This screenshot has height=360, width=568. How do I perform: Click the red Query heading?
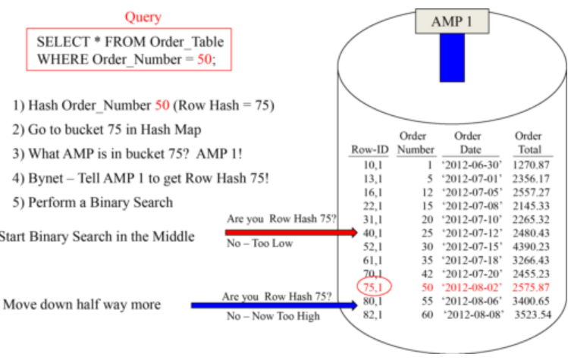point(143,16)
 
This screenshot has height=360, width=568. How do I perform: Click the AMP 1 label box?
point(451,21)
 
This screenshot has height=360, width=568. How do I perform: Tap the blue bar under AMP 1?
point(452,58)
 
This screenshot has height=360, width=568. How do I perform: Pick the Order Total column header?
point(528,143)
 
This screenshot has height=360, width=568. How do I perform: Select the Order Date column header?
point(467,143)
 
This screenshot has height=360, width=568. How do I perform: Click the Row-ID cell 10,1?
point(372,164)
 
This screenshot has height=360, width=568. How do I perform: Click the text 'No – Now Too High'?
point(273,316)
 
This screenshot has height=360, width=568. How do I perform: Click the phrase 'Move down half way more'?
point(82,304)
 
